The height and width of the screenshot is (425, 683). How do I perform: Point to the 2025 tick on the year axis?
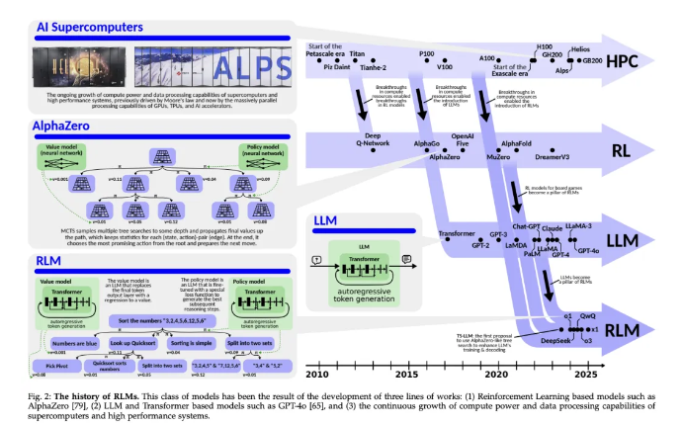(587, 376)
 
